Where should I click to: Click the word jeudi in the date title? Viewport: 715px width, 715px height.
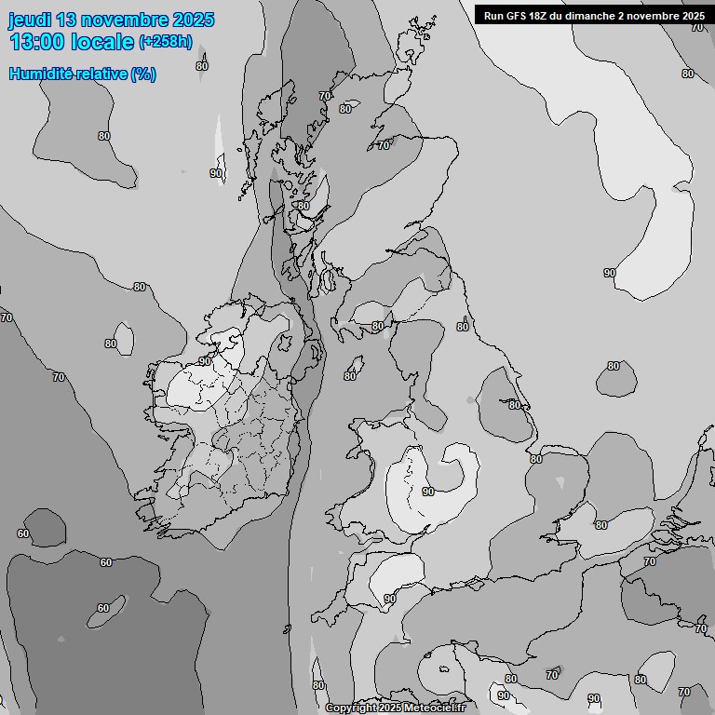[30, 20]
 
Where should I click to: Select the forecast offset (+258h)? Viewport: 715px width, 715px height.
[166, 41]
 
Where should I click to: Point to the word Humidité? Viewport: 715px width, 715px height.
[40, 74]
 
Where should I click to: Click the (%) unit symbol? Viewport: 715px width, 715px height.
[143, 74]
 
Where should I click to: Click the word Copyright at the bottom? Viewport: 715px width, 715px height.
[350, 708]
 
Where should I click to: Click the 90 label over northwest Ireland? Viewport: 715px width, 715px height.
[205, 361]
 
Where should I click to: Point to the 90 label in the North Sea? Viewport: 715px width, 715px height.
[610, 273]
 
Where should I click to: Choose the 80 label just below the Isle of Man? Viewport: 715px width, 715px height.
[350, 376]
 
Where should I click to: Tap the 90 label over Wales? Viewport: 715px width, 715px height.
[428, 492]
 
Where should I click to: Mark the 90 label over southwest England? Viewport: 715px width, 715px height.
[390, 599]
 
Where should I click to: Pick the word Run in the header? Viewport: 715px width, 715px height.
[493, 15]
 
